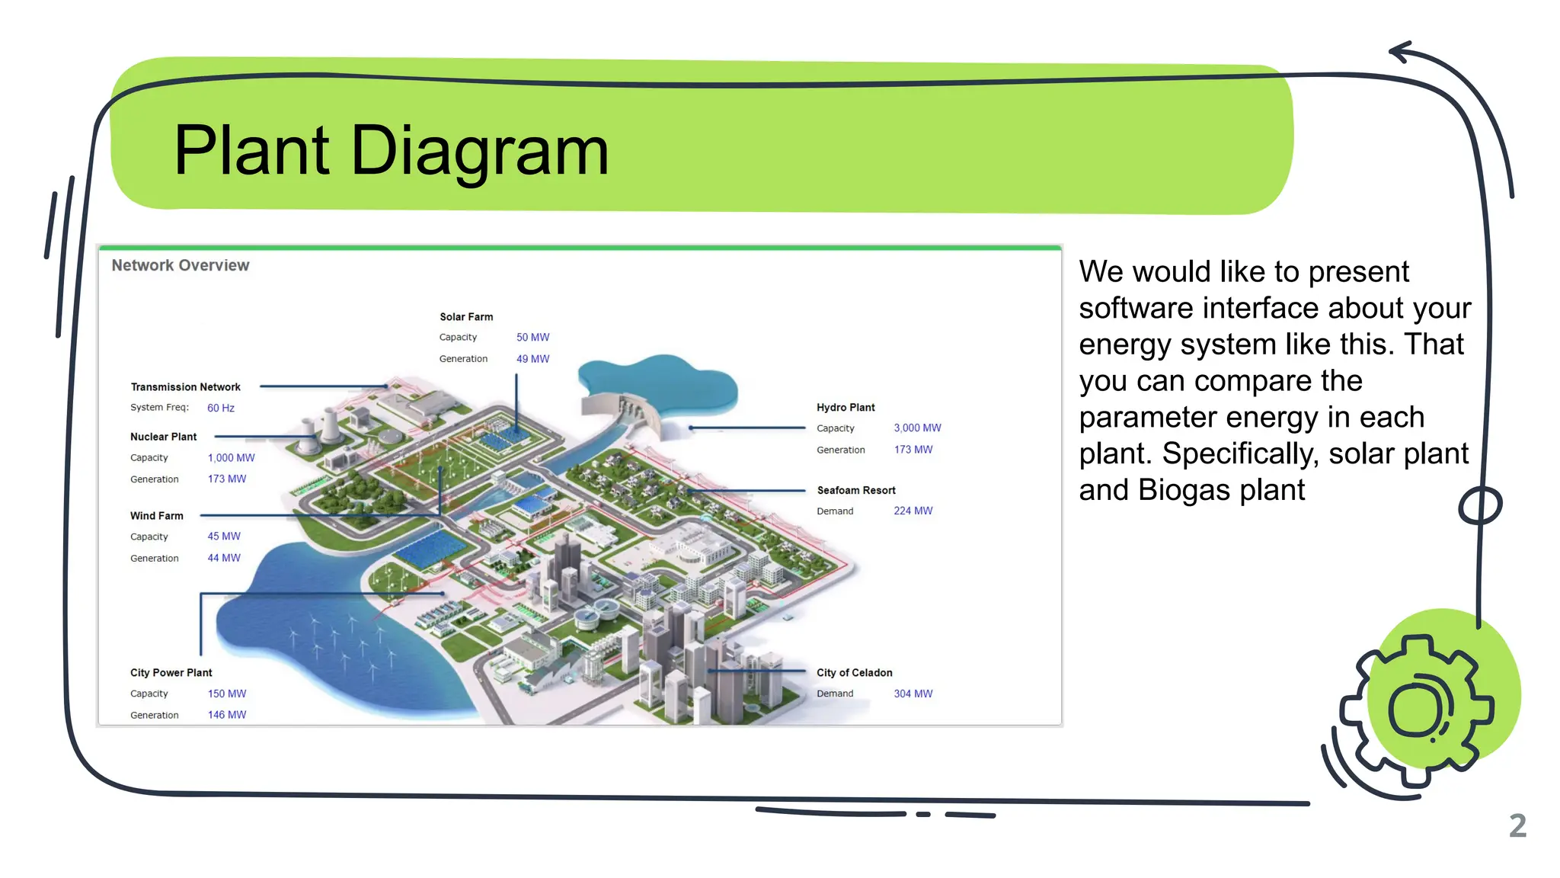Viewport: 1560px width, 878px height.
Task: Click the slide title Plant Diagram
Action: [391, 151]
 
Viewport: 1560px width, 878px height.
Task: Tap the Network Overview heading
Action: [181, 265]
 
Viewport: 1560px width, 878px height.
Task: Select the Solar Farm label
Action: [466, 317]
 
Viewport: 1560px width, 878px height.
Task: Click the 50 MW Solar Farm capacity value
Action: [532, 337]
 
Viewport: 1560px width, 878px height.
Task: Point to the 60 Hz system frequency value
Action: [221, 408]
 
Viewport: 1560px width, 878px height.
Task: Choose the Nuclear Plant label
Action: [163, 437]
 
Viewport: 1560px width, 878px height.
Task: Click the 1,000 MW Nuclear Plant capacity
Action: [231, 458]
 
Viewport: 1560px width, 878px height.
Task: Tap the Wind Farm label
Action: [157, 516]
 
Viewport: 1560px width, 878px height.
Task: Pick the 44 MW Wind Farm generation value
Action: [224, 558]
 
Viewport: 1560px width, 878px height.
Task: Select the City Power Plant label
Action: [171, 673]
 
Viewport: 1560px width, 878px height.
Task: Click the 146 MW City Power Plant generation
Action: [227, 715]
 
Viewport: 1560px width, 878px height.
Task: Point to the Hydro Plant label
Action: [846, 408]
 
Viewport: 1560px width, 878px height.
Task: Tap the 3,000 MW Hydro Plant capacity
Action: [917, 428]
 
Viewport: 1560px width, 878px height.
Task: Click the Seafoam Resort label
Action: [856, 491]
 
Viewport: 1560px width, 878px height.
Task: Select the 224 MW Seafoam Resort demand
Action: [913, 511]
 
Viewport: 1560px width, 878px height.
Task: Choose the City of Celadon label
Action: [855, 673]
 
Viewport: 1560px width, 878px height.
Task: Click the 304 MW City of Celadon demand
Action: [913, 694]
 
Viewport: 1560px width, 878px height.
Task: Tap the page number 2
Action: [1517, 826]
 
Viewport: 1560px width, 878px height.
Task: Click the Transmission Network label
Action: [185, 387]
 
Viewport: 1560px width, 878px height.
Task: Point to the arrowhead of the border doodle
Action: [1399, 52]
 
